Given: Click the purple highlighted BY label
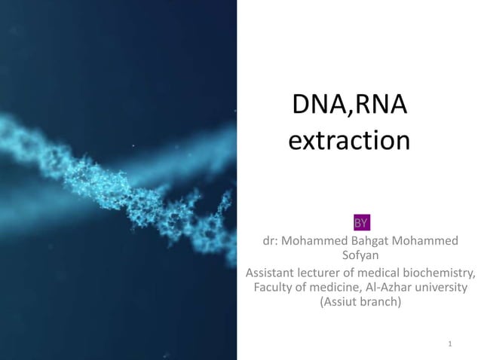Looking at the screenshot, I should tap(361, 223).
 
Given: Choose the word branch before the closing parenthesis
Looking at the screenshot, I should tap(381, 304).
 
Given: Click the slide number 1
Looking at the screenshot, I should tap(449, 345).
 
